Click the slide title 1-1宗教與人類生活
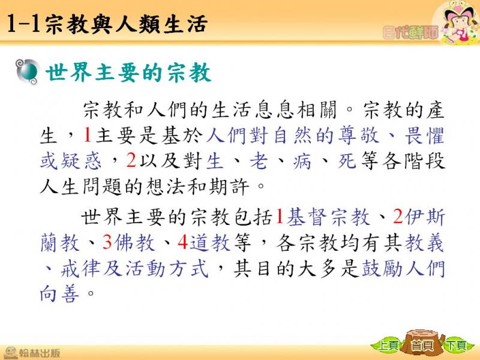coord(107,24)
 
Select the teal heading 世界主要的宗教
coord(128,73)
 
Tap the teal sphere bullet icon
coord(28,71)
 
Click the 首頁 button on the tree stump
coord(423,346)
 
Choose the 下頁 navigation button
coord(456,346)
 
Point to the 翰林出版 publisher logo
coord(32,353)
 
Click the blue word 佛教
coord(135,243)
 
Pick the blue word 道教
coord(210,243)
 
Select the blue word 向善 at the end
coord(59,293)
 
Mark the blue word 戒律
coord(80,268)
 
